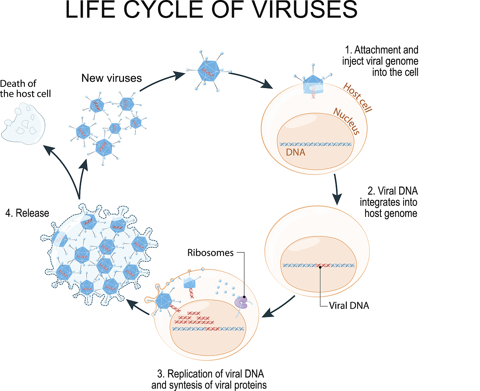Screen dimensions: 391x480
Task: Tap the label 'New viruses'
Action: click(x=112, y=78)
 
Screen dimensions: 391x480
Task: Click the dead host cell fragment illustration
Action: click(x=22, y=122)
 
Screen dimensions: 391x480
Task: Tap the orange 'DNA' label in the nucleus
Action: click(x=296, y=152)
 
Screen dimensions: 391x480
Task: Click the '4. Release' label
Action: click(x=27, y=213)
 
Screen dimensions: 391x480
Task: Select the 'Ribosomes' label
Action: click(x=210, y=253)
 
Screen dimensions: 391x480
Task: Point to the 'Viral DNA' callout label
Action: click(x=349, y=306)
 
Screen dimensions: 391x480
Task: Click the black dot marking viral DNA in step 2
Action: click(x=320, y=267)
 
